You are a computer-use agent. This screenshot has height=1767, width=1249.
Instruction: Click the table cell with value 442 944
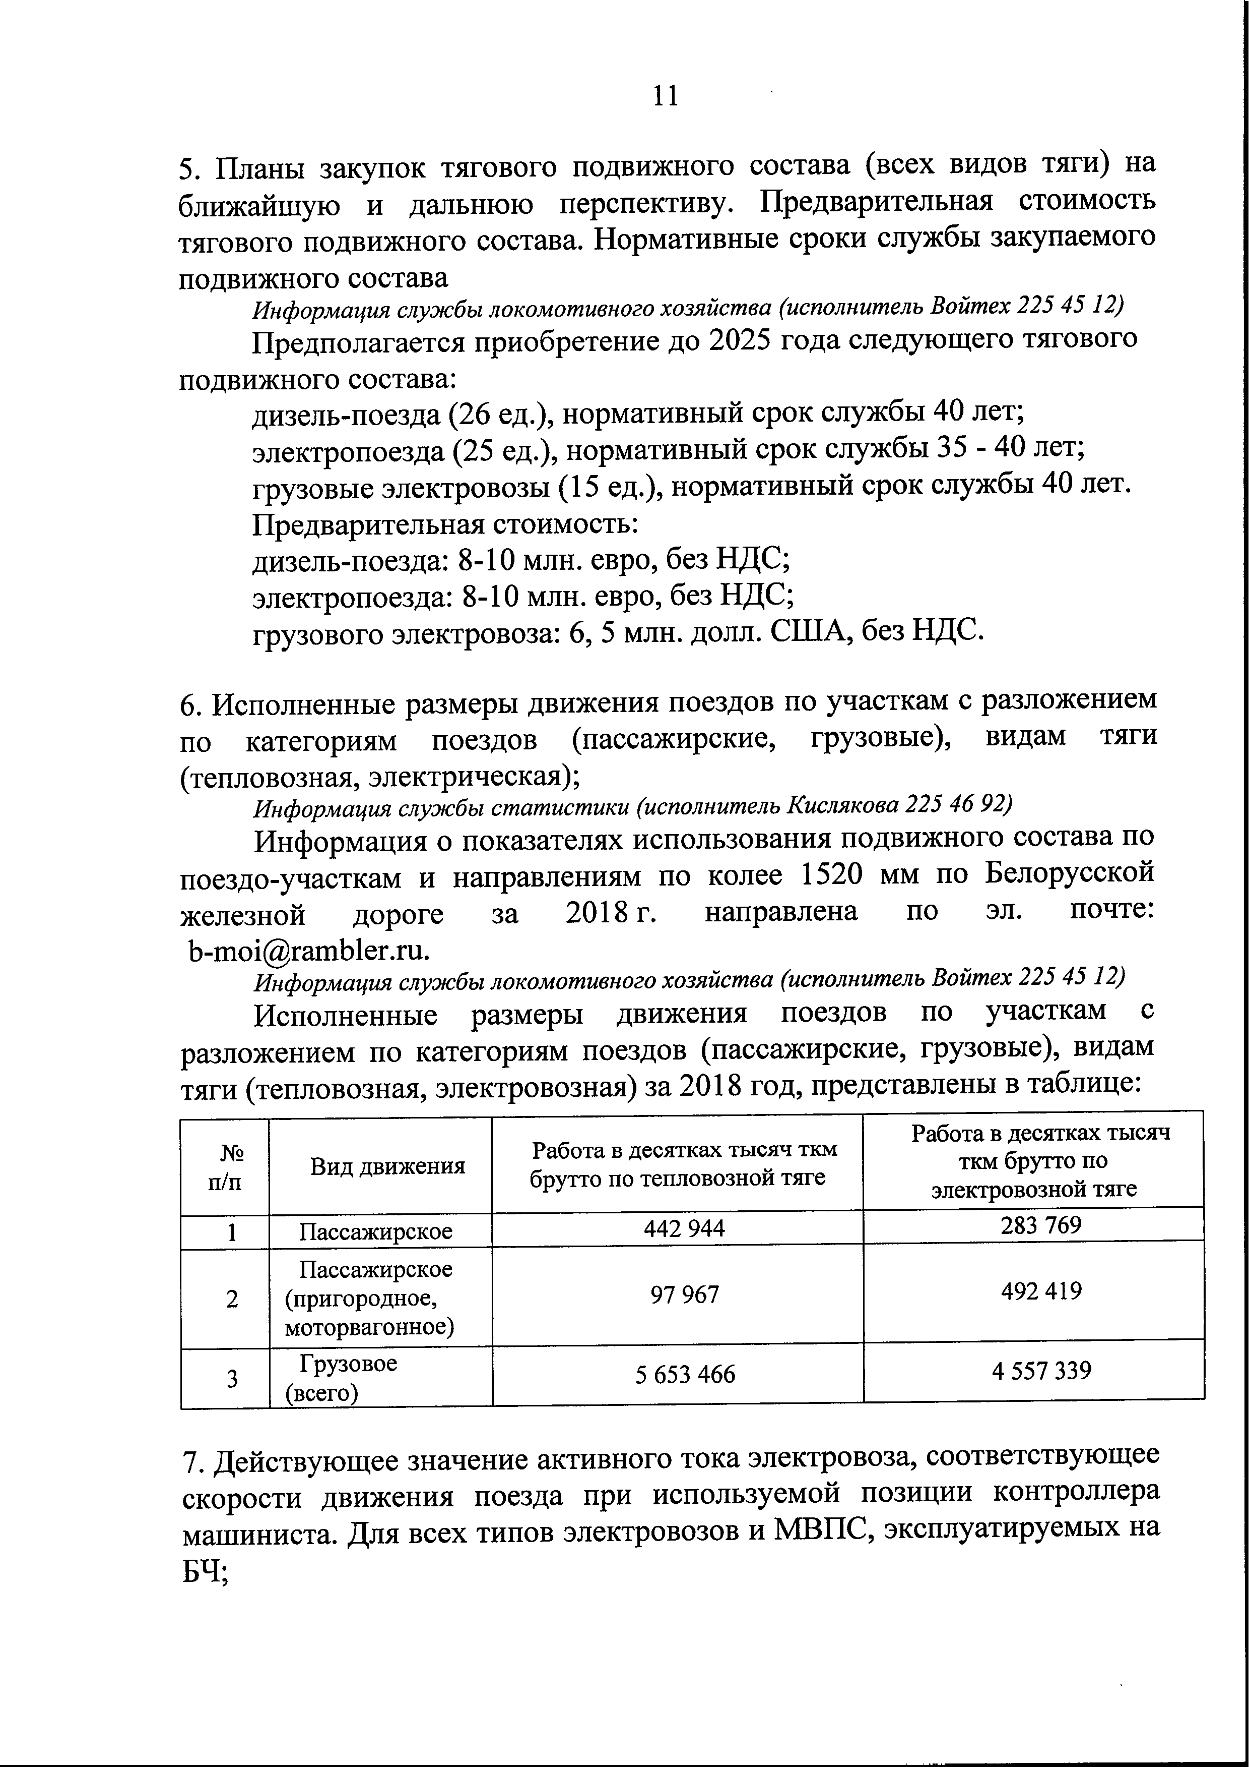pyautogui.click(x=684, y=1227)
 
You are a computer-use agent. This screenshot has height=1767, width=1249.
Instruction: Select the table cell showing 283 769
pyautogui.click(x=1040, y=1224)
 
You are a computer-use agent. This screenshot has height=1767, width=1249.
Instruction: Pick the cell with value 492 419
pyautogui.click(x=1040, y=1290)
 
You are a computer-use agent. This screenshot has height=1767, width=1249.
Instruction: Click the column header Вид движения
pyautogui.click(x=387, y=1166)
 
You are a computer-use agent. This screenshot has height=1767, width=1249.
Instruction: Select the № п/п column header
pyautogui.click(x=225, y=1167)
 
